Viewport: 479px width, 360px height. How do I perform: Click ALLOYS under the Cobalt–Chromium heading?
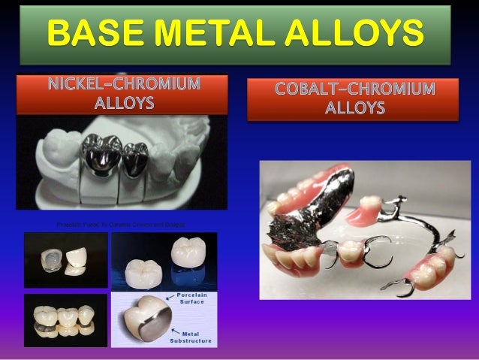(354, 109)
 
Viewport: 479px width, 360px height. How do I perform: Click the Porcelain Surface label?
(194, 300)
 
